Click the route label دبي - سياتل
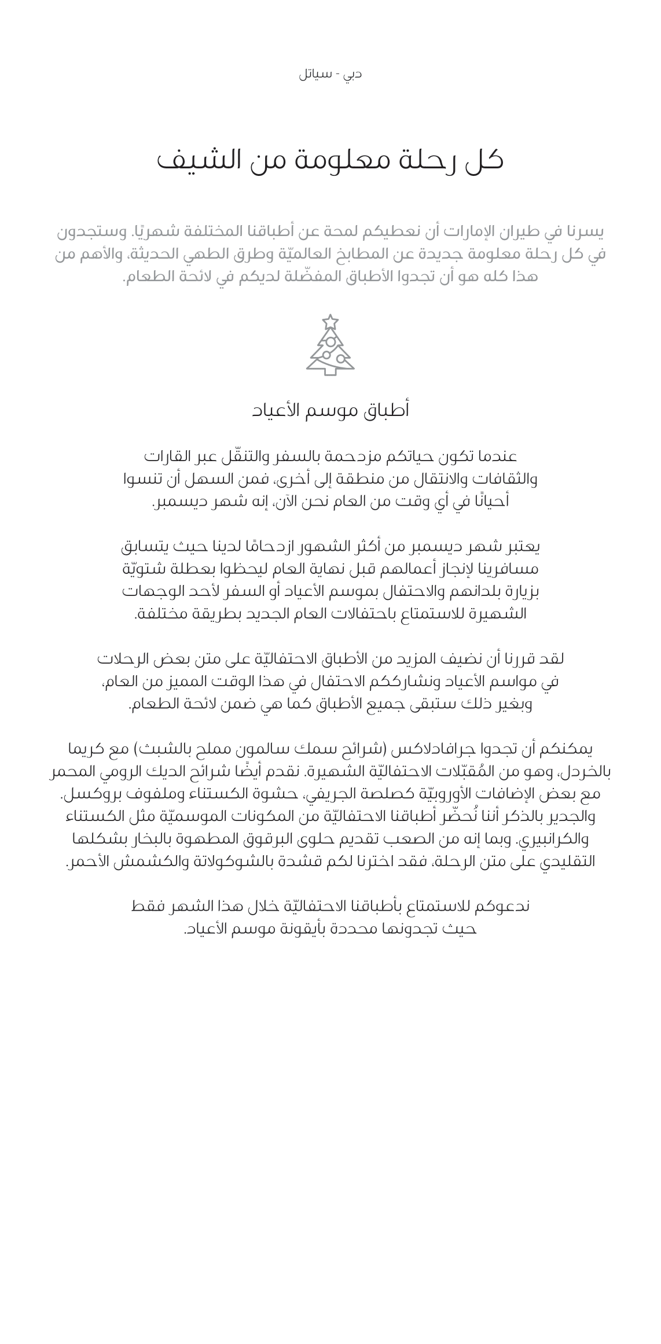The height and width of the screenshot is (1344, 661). coord(330,75)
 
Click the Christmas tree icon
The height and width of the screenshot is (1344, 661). coord(330,345)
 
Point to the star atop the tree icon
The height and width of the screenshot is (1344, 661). coord(330,322)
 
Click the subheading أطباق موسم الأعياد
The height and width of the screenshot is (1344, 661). coord(330,410)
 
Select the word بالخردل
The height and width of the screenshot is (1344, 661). coord(589,772)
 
